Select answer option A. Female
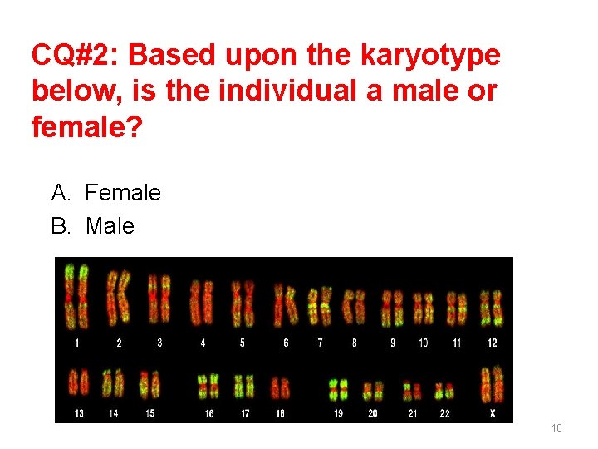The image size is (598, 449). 106,194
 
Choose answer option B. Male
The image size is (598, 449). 93,225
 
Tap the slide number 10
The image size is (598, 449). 556,428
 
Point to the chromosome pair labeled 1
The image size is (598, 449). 76,296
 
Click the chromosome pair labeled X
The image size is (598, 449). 492,384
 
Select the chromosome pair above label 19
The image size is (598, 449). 338,389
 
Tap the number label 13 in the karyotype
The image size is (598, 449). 78,413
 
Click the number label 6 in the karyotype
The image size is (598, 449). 286,343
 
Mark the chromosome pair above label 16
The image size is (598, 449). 208,387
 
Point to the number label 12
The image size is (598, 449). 492,343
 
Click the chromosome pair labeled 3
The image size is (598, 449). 159,298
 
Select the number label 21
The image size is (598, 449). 412,413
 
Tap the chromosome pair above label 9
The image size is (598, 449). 392,308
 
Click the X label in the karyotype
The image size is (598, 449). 493,413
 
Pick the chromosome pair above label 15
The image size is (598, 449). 149,384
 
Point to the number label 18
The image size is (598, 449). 280,413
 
